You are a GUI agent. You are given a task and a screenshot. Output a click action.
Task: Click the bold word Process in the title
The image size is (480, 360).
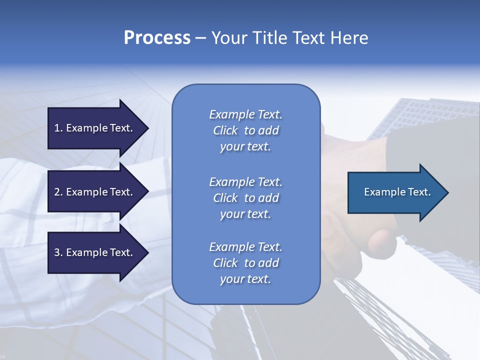[x=157, y=38]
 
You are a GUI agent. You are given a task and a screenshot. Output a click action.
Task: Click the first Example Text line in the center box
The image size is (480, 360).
[x=245, y=114]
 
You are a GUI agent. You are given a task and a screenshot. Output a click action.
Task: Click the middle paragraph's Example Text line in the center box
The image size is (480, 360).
[x=245, y=182]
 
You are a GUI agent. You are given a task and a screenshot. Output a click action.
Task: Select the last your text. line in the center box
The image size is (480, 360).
[x=245, y=279]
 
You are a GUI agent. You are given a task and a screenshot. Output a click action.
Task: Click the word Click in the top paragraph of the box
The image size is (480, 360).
[x=225, y=130]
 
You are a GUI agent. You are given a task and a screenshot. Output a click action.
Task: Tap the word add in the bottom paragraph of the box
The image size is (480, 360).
[x=269, y=263]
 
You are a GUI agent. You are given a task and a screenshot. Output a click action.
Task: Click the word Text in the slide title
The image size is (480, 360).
[x=308, y=38]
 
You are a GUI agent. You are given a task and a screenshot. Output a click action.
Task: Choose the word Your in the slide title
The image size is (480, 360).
[x=229, y=38]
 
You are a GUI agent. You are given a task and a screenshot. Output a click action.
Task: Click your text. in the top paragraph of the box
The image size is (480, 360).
[x=245, y=146]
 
